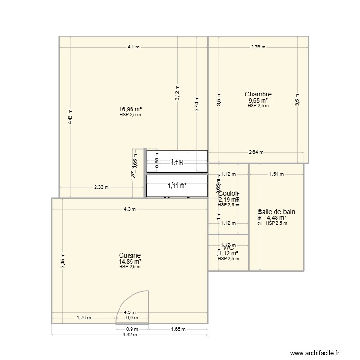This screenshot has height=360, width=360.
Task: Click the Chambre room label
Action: [x=258, y=95]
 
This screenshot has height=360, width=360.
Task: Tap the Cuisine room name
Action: [x=130, y=255]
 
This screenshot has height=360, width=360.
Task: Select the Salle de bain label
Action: [x=276, y=211]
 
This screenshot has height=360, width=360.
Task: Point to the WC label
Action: [x=228, y=248]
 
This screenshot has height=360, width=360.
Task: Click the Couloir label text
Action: [x=228, y=193]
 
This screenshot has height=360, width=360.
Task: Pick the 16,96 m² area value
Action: [x=130, y=109]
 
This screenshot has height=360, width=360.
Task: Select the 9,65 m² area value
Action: [x=258, y=101]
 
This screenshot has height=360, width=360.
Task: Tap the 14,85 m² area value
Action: [x=130, y=262]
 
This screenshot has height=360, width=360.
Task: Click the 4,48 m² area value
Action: [x=276, y=217]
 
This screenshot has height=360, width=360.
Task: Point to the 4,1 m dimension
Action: [x=133, y=47]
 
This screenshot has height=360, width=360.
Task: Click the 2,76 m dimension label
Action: [x=258, y=47]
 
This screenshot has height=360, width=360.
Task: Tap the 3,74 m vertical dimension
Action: [x=196, y=103]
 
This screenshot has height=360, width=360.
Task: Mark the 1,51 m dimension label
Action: [x=276, y=174]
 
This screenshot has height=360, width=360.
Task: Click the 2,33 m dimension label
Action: [x=101, y=187]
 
